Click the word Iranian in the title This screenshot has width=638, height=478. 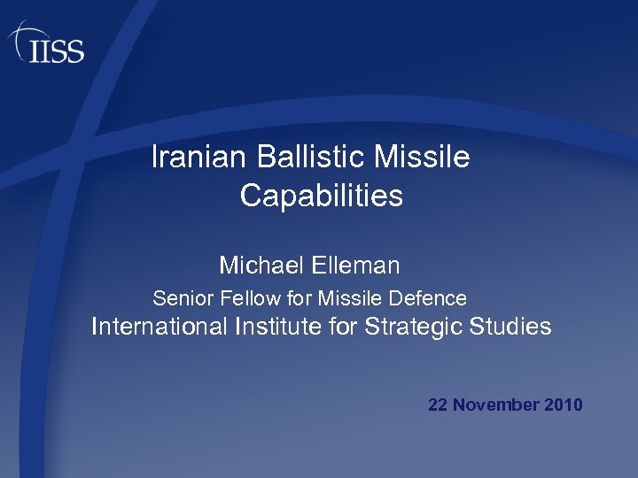click(200, 158)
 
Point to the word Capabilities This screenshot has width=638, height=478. click(321, 196)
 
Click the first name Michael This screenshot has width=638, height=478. click(261, 265)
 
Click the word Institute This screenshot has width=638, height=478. click(279, 327)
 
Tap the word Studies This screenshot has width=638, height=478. click(514, 327)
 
